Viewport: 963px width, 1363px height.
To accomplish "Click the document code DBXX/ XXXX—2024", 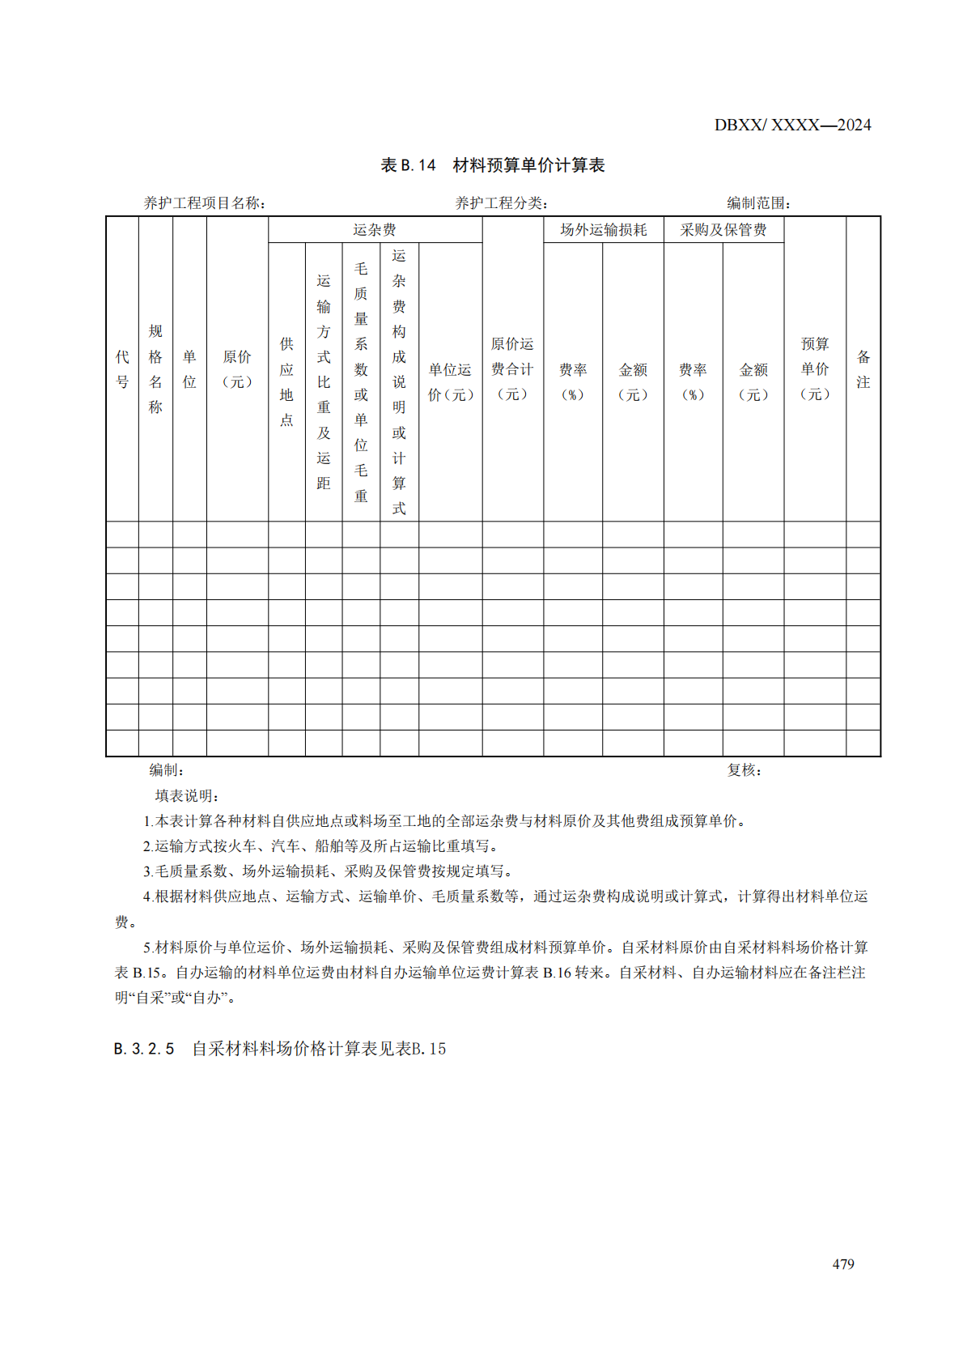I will [x=792, y=125].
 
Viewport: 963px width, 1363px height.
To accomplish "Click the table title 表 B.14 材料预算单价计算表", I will [x=492, y=165].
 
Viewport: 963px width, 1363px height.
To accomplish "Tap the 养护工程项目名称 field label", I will [x=204, y=203].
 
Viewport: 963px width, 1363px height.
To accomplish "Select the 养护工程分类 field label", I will [x=501, y=203].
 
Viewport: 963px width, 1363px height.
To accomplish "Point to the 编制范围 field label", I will [x=758, y=203].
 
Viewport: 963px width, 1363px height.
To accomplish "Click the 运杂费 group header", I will [x=375, y=230].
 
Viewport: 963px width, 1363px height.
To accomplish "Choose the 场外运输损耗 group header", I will [x=603, y=230].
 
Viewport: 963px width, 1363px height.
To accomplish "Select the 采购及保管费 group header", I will [x=723, y=230].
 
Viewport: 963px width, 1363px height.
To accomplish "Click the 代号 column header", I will [x=122, y=369].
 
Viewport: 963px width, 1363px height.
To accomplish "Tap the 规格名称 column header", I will [x=155, y=369].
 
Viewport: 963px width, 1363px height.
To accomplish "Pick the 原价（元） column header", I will [x=237, y=369].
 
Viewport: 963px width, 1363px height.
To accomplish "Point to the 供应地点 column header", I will [x=286, y=381].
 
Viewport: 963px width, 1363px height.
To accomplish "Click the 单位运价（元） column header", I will [x=450, y=381].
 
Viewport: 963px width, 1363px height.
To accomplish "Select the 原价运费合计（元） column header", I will [x=512, y=369].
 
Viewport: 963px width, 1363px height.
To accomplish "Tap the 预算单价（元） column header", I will [x=815, y=369].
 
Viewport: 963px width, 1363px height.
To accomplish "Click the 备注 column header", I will [x=863, y=369].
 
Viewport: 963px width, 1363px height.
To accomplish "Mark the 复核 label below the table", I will [x=744, y=770].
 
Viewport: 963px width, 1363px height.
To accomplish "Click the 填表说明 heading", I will [x=187, y=796].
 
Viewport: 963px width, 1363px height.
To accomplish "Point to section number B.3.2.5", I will [x=144, y=1049].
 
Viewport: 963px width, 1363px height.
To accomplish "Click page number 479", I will [x=843, y=1264].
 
